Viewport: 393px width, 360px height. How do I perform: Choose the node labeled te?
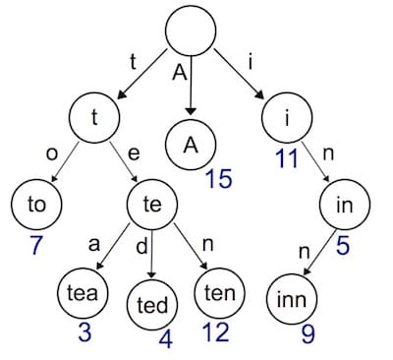[151, 207]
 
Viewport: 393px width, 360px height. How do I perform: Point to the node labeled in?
[344, 207]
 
